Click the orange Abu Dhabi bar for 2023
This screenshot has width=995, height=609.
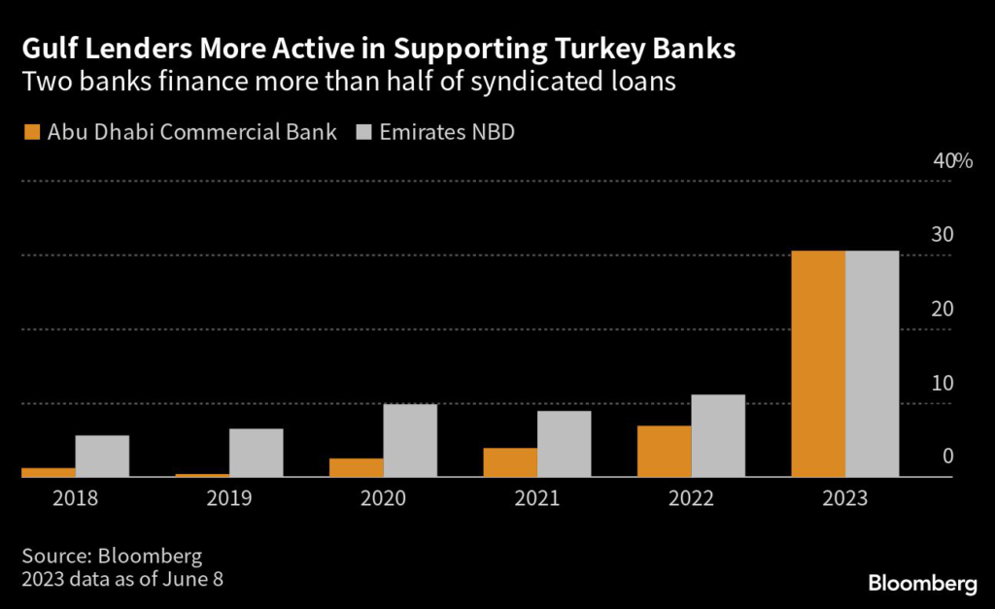(x=818, y=364)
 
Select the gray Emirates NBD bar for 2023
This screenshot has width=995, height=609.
(x=872, y=364)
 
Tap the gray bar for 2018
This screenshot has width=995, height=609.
(x=102, y=456)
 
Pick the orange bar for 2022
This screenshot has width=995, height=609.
(x=665, y=452)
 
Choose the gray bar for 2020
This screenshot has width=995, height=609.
(x=410, y=440)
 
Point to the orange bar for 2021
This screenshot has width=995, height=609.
(x=510, y=462)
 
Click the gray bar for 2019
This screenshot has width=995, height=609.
(x=256, y=453)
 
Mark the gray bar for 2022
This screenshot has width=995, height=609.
(x=718, y=436)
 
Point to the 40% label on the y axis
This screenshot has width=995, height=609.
(x=952, y=161)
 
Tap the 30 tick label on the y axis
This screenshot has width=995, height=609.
(x=944, y=235)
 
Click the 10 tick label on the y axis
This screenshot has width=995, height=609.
(x=944, y=383)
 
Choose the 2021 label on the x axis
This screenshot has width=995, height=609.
(x=537, y=499)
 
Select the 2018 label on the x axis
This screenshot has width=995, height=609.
(x=75, y=499)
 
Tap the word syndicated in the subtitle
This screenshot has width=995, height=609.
(x=542, y=83)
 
